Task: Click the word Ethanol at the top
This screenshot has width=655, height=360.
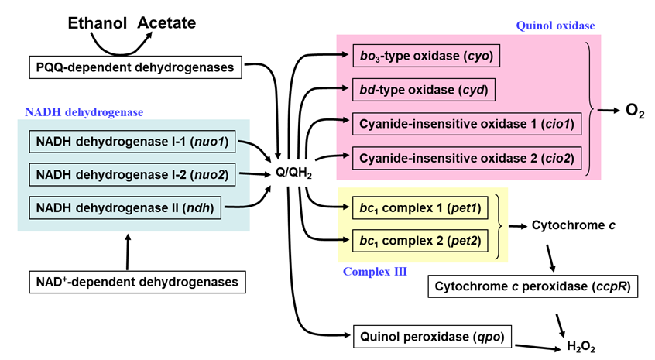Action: [98, 23]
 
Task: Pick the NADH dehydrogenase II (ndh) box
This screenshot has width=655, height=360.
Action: [125, 207]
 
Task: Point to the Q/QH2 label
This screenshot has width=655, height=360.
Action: [294, 172]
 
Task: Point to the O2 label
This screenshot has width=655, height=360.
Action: [635, 111]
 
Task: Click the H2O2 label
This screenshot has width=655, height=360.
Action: [581, 348]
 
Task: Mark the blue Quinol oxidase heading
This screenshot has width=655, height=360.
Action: [555, 26]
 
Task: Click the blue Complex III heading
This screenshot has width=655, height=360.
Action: [375, 271]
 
